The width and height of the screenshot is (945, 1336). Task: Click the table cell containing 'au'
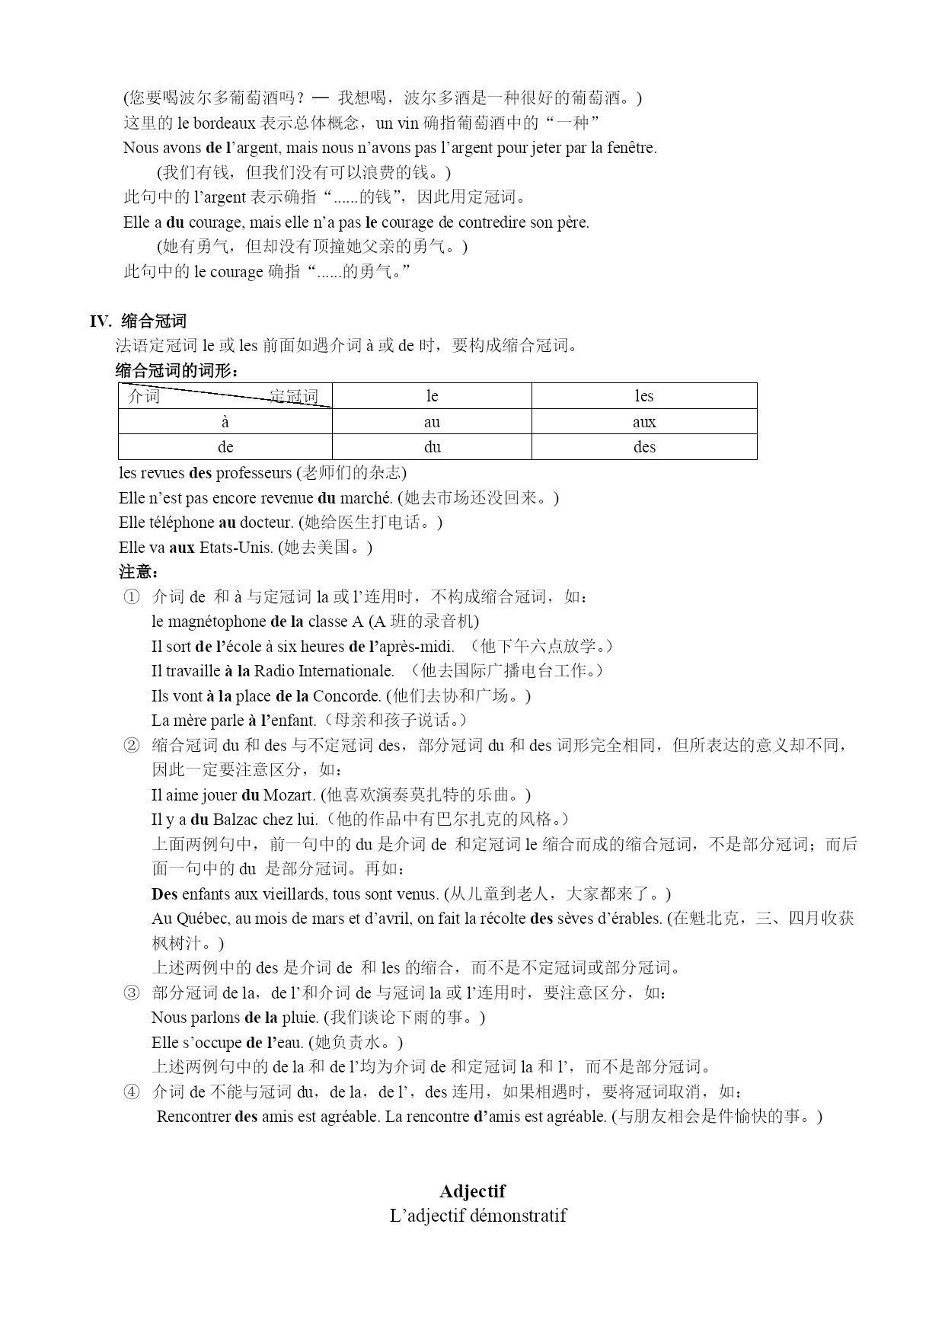coord(432,422)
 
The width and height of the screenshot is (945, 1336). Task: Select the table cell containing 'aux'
coord(643,422)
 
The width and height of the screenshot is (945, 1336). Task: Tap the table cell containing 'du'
coord(432,447)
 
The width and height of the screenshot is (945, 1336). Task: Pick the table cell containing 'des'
coord(643,447)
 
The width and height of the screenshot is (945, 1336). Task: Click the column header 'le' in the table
coord(432,396)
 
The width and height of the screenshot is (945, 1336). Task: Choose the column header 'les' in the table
coord(643,396)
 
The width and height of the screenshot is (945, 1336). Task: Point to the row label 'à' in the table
coord(225,422)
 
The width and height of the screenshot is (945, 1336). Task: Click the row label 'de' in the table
coord(225,447)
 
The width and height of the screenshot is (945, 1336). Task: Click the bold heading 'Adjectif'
coord(472,1191)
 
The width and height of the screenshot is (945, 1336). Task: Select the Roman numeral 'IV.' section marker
coord(101,321)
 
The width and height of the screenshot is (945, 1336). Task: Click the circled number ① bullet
coord(131,597)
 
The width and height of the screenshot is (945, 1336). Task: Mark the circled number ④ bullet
coord(131,1092)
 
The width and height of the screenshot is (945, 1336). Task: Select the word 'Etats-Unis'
coord(235,548)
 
